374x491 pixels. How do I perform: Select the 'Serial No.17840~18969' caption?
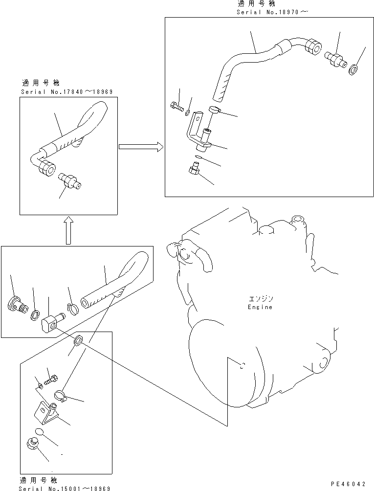(67, 92)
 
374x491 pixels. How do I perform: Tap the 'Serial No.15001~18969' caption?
(64, 488)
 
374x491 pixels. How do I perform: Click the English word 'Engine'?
(260, 307)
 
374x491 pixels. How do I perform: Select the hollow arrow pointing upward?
(68, 229)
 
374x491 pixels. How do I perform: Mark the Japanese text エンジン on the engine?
(259, 299)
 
